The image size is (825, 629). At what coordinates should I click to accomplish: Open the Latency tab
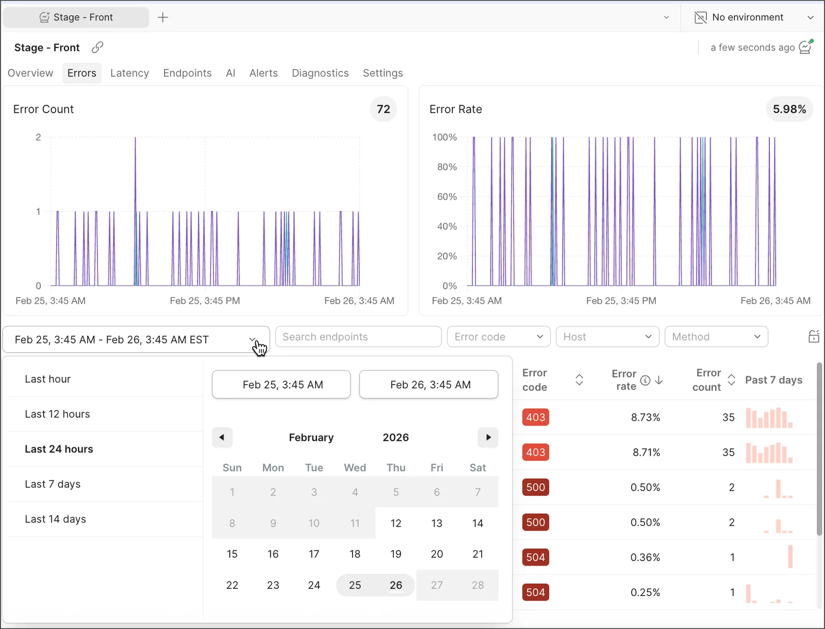pyautogui.click(x=129, y=73)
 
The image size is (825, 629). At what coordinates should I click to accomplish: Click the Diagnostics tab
pyautogui.click(x=320, y=73)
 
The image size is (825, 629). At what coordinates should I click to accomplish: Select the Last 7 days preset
pyautogui.click(x=53, y=484)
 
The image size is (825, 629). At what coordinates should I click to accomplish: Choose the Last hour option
pyautogui.click(x=48, y=379)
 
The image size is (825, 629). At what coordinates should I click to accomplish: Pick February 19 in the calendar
pyautogui.click(x=396, y=554)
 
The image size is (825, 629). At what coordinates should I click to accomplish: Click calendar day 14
pyautogui.click(x=477, y=523)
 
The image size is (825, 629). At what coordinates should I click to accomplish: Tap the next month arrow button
pyautogui.click(x=488, y=437)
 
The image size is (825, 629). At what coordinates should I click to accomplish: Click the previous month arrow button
pyautogui.click(x=222, y=437)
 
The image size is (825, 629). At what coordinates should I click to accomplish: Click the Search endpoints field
pyautogui.click(x=358, y=337)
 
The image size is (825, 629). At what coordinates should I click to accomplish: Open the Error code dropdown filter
pyautogui.click(x=499, y=337)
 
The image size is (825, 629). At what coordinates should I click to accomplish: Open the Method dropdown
pyautogui.click(x=716, y=337)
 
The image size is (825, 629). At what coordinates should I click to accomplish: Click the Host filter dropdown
pyautogui.click(x=607, y=337)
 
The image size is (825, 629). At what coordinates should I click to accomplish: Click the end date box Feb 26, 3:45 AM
pyautogui.click(x=429, y=385)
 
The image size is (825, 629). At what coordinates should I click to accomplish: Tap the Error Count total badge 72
pyautogui.click(x=384, y=109)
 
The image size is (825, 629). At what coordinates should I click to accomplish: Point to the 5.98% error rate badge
pyautogui.click(x=789, y=109)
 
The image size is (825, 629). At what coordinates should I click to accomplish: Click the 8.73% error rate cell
pyautogui.click(x=646, y=417)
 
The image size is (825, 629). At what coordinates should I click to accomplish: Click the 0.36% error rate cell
pyautogui.click(x=646, y=557)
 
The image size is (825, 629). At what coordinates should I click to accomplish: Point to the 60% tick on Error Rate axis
pyautogui.click(x=447, y=196)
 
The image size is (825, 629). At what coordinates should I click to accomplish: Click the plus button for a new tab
pyautogui.click(x=163, y=18)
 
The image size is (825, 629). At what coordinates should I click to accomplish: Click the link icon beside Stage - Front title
pyautogui.click(x=97, y=47)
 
